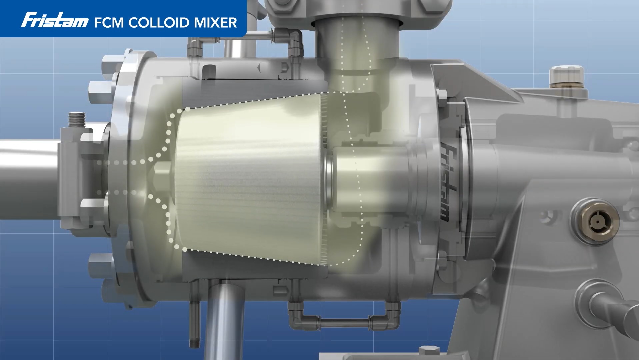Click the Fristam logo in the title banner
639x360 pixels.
click(55, 20)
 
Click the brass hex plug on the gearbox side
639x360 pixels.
click(595, 220)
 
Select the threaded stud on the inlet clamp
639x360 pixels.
click(77, 122)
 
